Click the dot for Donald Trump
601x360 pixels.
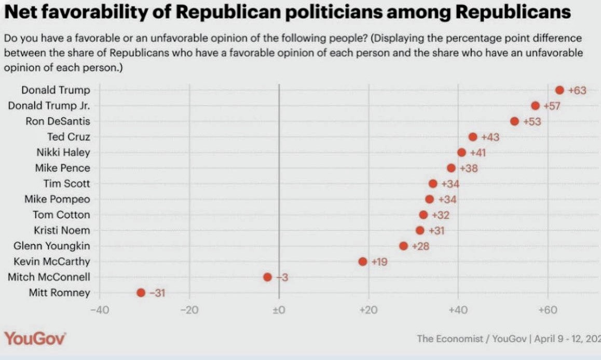tap(559, 90)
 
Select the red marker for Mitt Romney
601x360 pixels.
tap(141, 293)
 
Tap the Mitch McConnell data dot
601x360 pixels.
tap(267, 277)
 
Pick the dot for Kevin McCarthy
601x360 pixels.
tap(362, 261)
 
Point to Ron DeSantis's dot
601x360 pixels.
tap(514, 121)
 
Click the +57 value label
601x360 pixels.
tap(553, 106)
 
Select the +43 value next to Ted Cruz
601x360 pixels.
tap(490, 137)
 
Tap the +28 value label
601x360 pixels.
tap(420, 246)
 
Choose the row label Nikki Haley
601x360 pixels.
tap(63, 153)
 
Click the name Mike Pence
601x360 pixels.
tap(62, 168)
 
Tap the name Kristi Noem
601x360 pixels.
tap(62, 230)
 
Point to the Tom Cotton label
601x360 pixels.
tap(61, 215)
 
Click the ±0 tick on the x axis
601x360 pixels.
tap(279, 310)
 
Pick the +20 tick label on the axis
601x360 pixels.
tap(368, 310)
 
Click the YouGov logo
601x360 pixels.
tap(35, 339)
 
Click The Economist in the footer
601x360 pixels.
tap(450, 339)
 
